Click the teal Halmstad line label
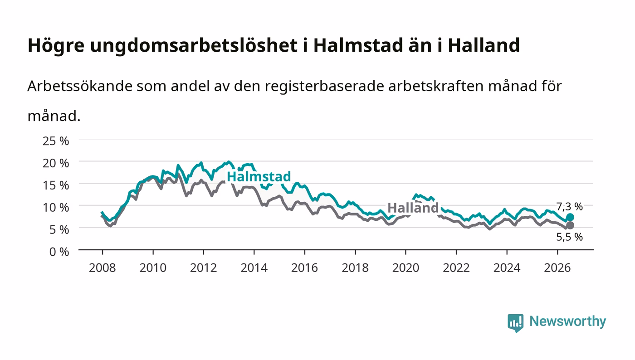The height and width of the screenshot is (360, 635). (259, 176)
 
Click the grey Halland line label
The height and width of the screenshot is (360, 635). (413, 208)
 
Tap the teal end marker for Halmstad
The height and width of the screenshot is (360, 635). (570, 218)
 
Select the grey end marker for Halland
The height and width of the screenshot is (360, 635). (570, 225)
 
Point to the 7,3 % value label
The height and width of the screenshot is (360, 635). (569, 207)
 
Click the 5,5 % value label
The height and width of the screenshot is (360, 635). (569, 237)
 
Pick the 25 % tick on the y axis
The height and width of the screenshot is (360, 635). (56, 141)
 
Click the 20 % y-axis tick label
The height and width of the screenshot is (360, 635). (56, 163)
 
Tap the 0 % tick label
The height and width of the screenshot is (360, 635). (59, 252)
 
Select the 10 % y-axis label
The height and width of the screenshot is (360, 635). (56, 208)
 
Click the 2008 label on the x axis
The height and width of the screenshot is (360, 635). (103, 268)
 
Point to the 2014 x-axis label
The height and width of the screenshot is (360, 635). (254, 268)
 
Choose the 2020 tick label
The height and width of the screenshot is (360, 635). (405, 268)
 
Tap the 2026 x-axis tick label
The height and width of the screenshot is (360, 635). (557, 268)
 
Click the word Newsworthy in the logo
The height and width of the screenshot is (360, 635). (567, 321)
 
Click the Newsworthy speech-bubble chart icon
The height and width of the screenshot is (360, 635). (515, 323)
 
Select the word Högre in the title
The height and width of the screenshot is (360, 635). (56, 46)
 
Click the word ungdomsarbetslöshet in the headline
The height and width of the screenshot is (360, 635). (194, 45)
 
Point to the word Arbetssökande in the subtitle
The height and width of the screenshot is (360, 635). (80, 86)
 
